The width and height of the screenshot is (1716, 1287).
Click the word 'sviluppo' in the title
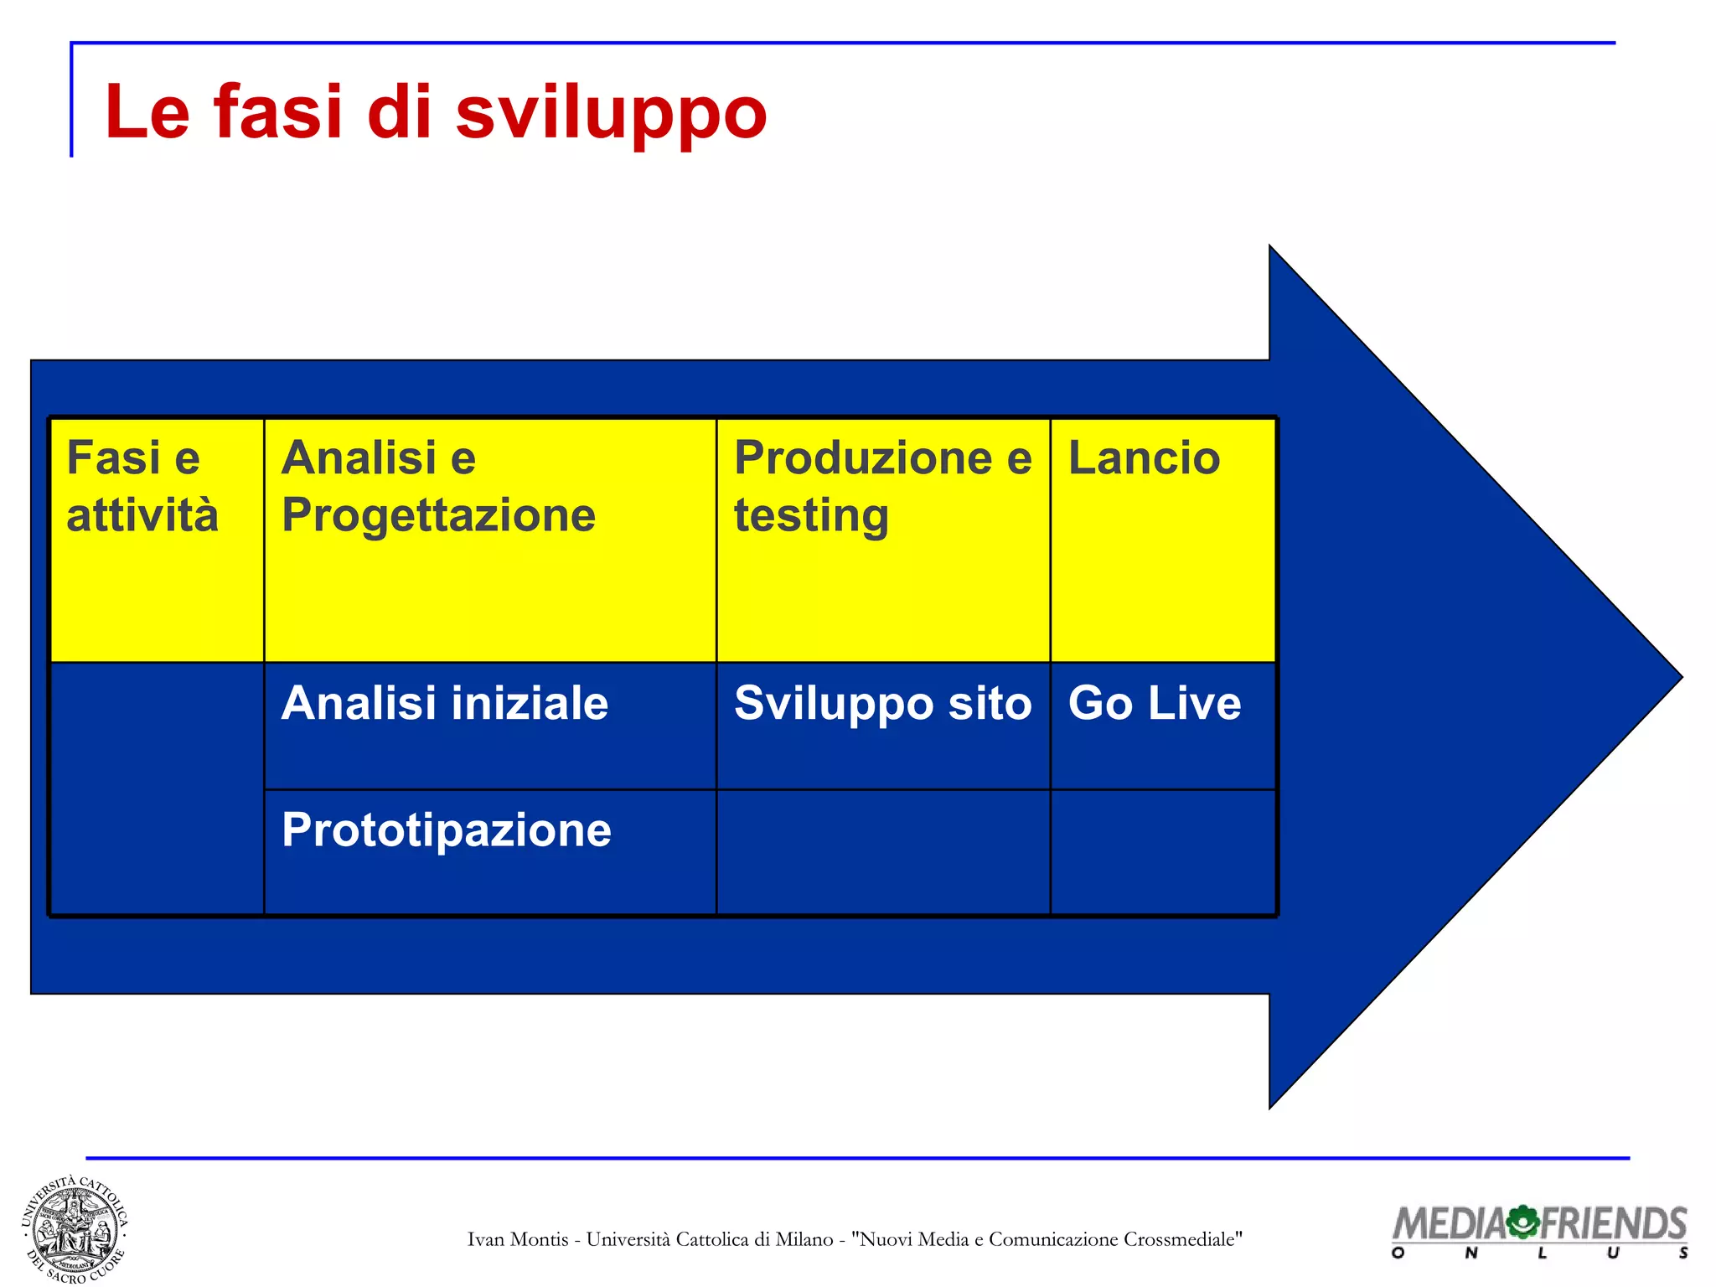pos(611,113)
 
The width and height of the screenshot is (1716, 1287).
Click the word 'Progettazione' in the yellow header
pos(438,514)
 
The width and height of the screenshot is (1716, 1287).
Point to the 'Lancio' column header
pos(1144,458)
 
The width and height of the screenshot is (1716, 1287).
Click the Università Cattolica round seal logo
pos(75,1228)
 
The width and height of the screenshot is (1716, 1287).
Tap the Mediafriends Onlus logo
pos(1539,1230)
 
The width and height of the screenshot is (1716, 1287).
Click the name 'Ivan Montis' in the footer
pos(518,1239)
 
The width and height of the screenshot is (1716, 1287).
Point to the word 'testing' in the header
pos(811,515)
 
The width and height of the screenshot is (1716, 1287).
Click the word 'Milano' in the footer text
pos(804,1239)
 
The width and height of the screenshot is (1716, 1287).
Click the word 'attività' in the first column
pos(142,514)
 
